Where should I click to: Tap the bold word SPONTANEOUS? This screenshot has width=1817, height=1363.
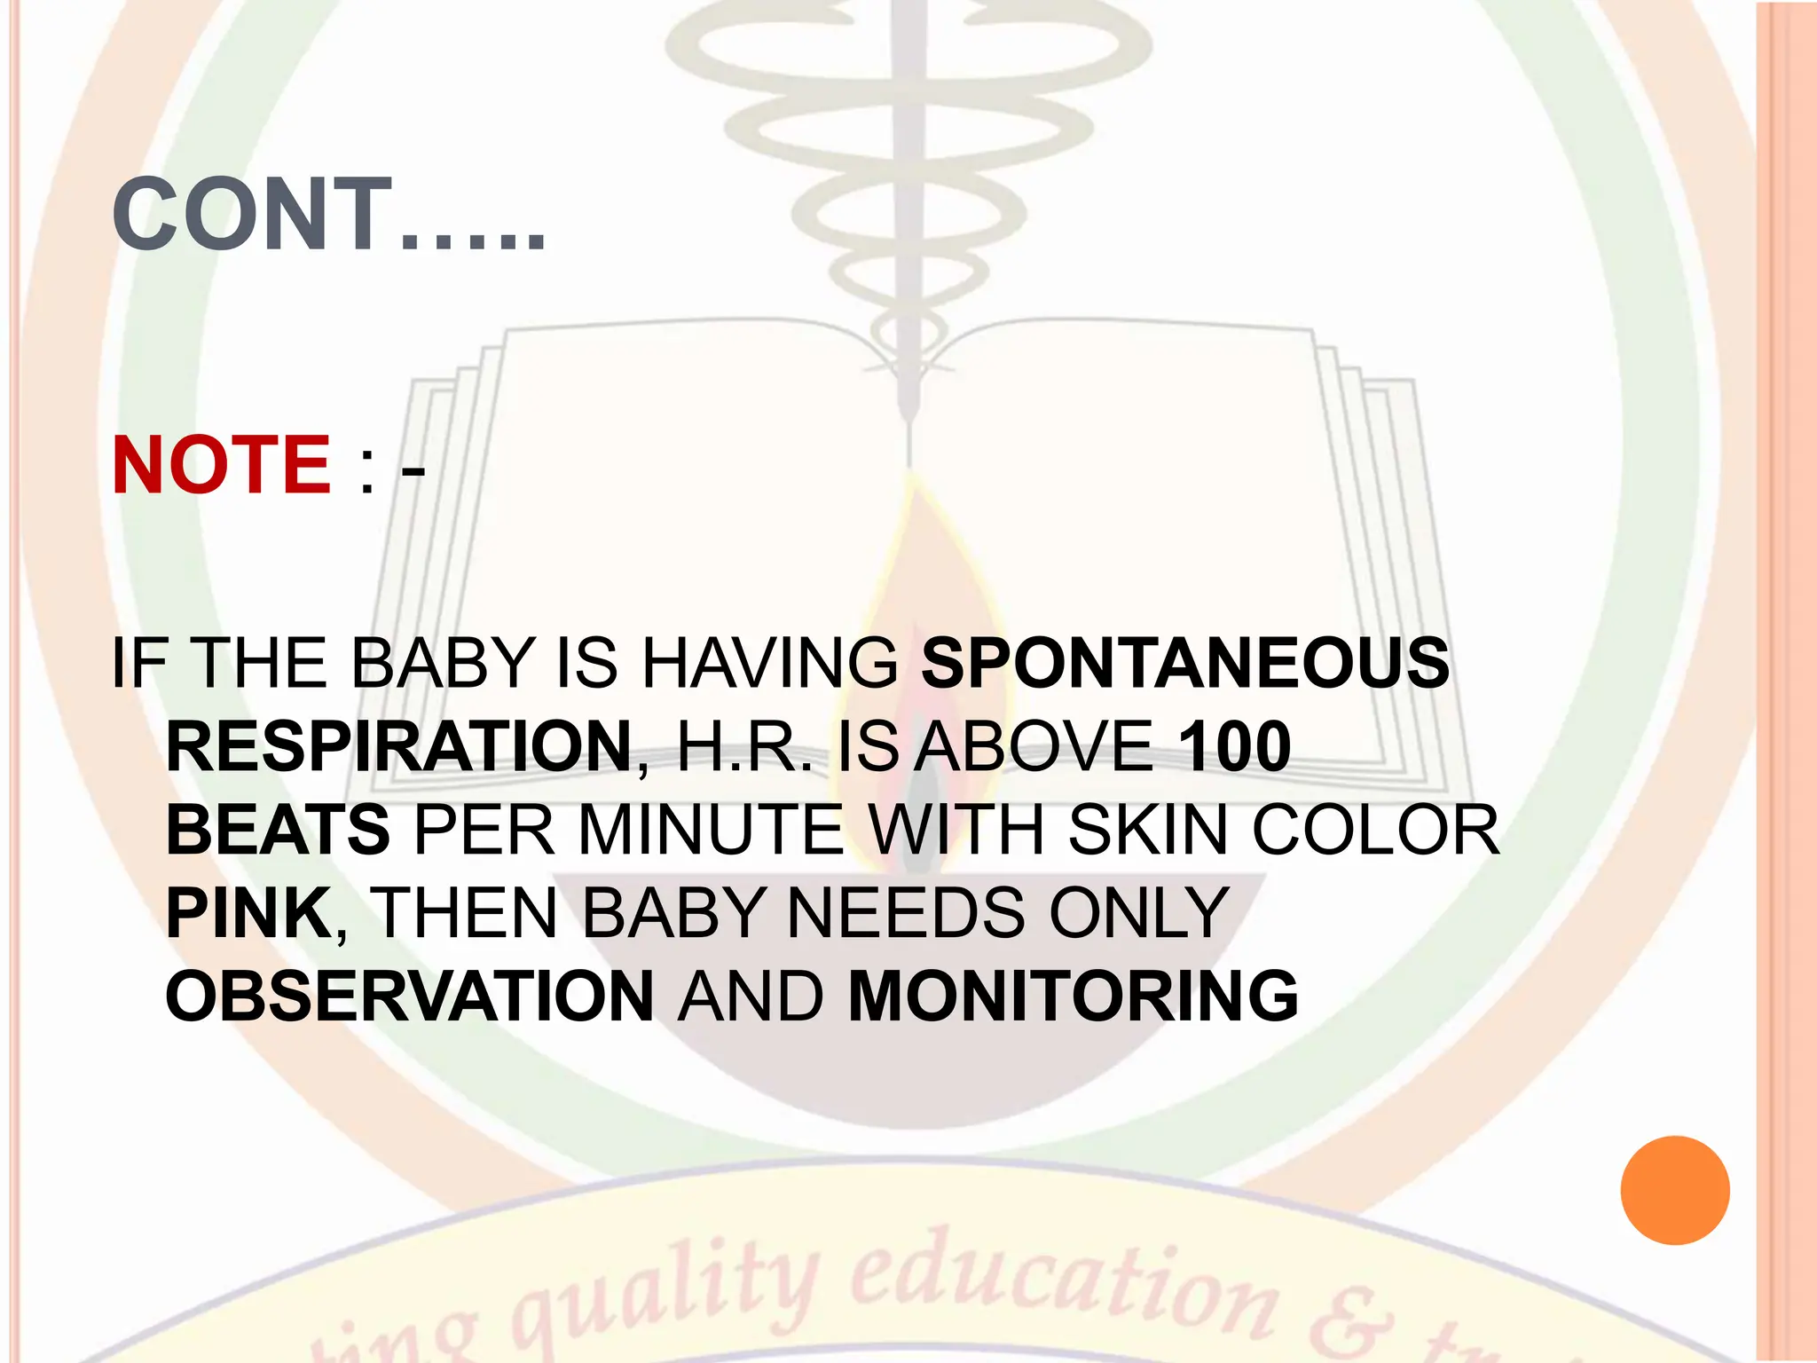tap(1185, 663)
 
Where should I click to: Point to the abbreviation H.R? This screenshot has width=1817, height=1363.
tap(743, 746)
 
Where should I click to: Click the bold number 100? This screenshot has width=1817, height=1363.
tap(1235, 746)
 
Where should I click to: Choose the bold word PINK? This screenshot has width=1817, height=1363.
tap(248, 912)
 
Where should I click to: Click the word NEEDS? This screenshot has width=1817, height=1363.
tap(905, 912)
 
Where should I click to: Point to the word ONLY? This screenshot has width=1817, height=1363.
tap(1139, 912)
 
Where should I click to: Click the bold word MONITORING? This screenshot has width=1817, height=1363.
tap(1074, 996)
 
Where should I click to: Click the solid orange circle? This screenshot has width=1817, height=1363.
tap(1674, 1191)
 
